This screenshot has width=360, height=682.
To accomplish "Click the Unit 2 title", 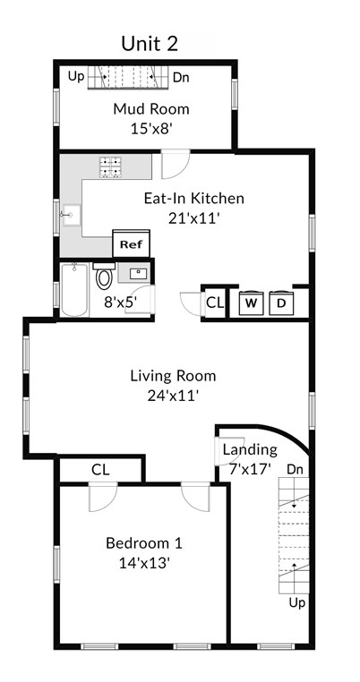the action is pos(150,44).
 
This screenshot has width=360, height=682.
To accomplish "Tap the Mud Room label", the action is pos(151,108).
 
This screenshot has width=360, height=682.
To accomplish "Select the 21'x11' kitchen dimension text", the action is pos(193,217).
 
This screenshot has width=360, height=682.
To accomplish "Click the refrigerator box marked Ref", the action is pos(131,244).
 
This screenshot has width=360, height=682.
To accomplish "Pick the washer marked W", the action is pos(251,303).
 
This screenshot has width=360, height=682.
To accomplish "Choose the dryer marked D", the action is pos(281,303).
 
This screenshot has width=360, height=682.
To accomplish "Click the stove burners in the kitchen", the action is pos(110,167).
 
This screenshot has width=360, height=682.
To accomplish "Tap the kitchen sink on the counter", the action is pos(71,216).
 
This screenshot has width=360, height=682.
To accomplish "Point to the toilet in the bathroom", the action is pos(103,277).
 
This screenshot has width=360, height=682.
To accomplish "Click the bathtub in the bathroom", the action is pos(74,289).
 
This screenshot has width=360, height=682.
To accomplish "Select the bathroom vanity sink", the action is pos(134,273).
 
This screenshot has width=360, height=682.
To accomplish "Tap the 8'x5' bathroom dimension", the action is pos(121,302).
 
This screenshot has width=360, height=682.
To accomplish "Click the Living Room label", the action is pos(173,375).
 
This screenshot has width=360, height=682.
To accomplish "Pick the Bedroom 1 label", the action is pos(144,543).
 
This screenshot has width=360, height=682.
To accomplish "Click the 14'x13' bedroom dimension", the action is pos(144,563).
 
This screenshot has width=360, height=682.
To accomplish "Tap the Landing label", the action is pos(250,449).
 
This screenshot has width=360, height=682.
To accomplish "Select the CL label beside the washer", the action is pos(215,303).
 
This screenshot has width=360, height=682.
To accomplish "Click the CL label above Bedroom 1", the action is pos(100,470).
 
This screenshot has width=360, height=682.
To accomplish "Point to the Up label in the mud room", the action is pos(75,77).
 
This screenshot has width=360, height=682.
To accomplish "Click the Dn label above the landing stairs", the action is pos(295,470).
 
